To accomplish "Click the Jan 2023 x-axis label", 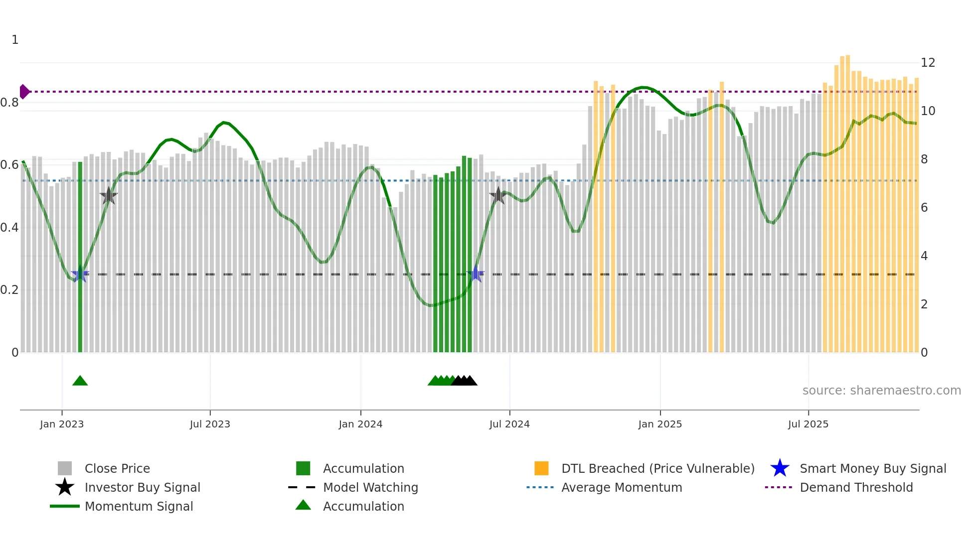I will [x=62, y=424].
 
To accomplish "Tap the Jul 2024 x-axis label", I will [x=509, y=424].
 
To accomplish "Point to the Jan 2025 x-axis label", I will [x=660, y=424].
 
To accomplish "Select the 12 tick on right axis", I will [x=928, y=63].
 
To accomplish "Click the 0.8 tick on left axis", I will [x=10, y=103].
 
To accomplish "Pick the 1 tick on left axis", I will [x=15, y=40].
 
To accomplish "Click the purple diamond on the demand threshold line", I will [x=24, y=92].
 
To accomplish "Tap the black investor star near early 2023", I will [x=109, y=196].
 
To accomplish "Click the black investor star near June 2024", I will [x=498, y=196].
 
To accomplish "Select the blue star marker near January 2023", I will [x=80, y=274].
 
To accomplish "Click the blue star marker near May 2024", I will [x=476, y=274].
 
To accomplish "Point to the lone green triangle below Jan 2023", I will [x=80, y=381].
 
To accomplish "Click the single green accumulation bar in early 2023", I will [x=80, y=257].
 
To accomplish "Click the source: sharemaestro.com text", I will [x=881, y=391].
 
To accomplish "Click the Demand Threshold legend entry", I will [x=856, y=488].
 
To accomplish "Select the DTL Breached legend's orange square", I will [x=541, y=468].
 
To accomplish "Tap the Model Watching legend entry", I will [x=370, y=488].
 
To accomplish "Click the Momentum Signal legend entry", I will [x=139, y=507].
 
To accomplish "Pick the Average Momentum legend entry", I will [x=621, y=488].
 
